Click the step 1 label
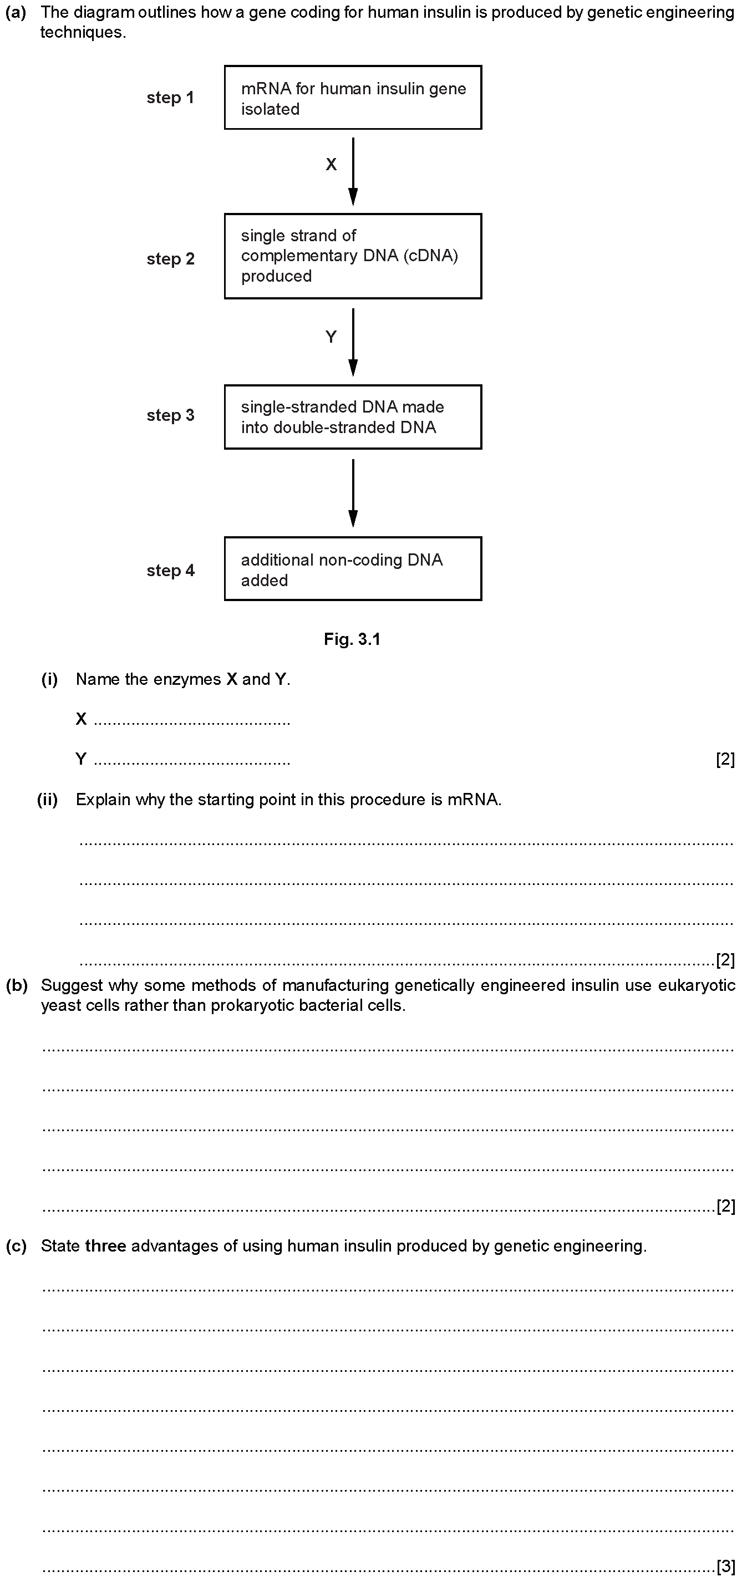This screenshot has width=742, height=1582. [170, 98]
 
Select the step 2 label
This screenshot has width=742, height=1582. [170, 259]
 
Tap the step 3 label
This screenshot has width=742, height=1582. [170, 415]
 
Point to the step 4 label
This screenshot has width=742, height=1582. [170, 571]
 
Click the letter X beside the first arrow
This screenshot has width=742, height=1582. [331, 165]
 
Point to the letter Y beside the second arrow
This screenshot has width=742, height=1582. [331, 337]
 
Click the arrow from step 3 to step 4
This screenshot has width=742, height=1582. [353, 493]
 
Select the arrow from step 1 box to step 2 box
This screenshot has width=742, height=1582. [353, 171]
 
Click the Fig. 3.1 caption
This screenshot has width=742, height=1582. [353, 639]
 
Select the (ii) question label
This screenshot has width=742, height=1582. [47, 800]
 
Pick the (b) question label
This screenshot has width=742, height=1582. [17, 986]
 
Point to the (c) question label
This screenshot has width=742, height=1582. [17, 1246]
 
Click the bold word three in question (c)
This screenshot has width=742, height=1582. [106, 1246]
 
